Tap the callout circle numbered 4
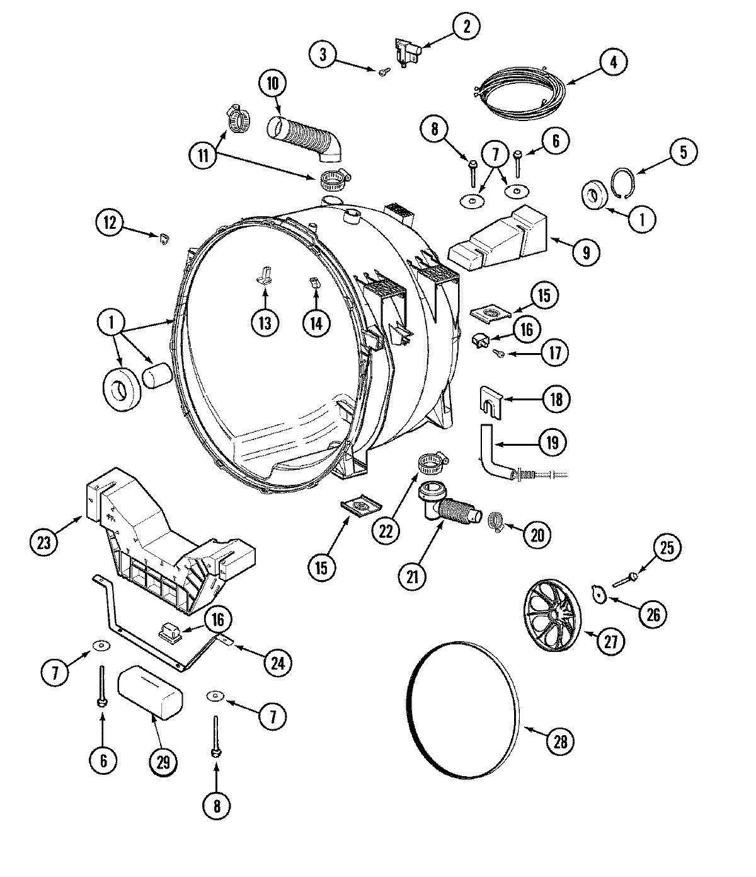(613, 62)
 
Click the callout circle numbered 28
(560, 742)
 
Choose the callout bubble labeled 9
(586, 252)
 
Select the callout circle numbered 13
(264, 323)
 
